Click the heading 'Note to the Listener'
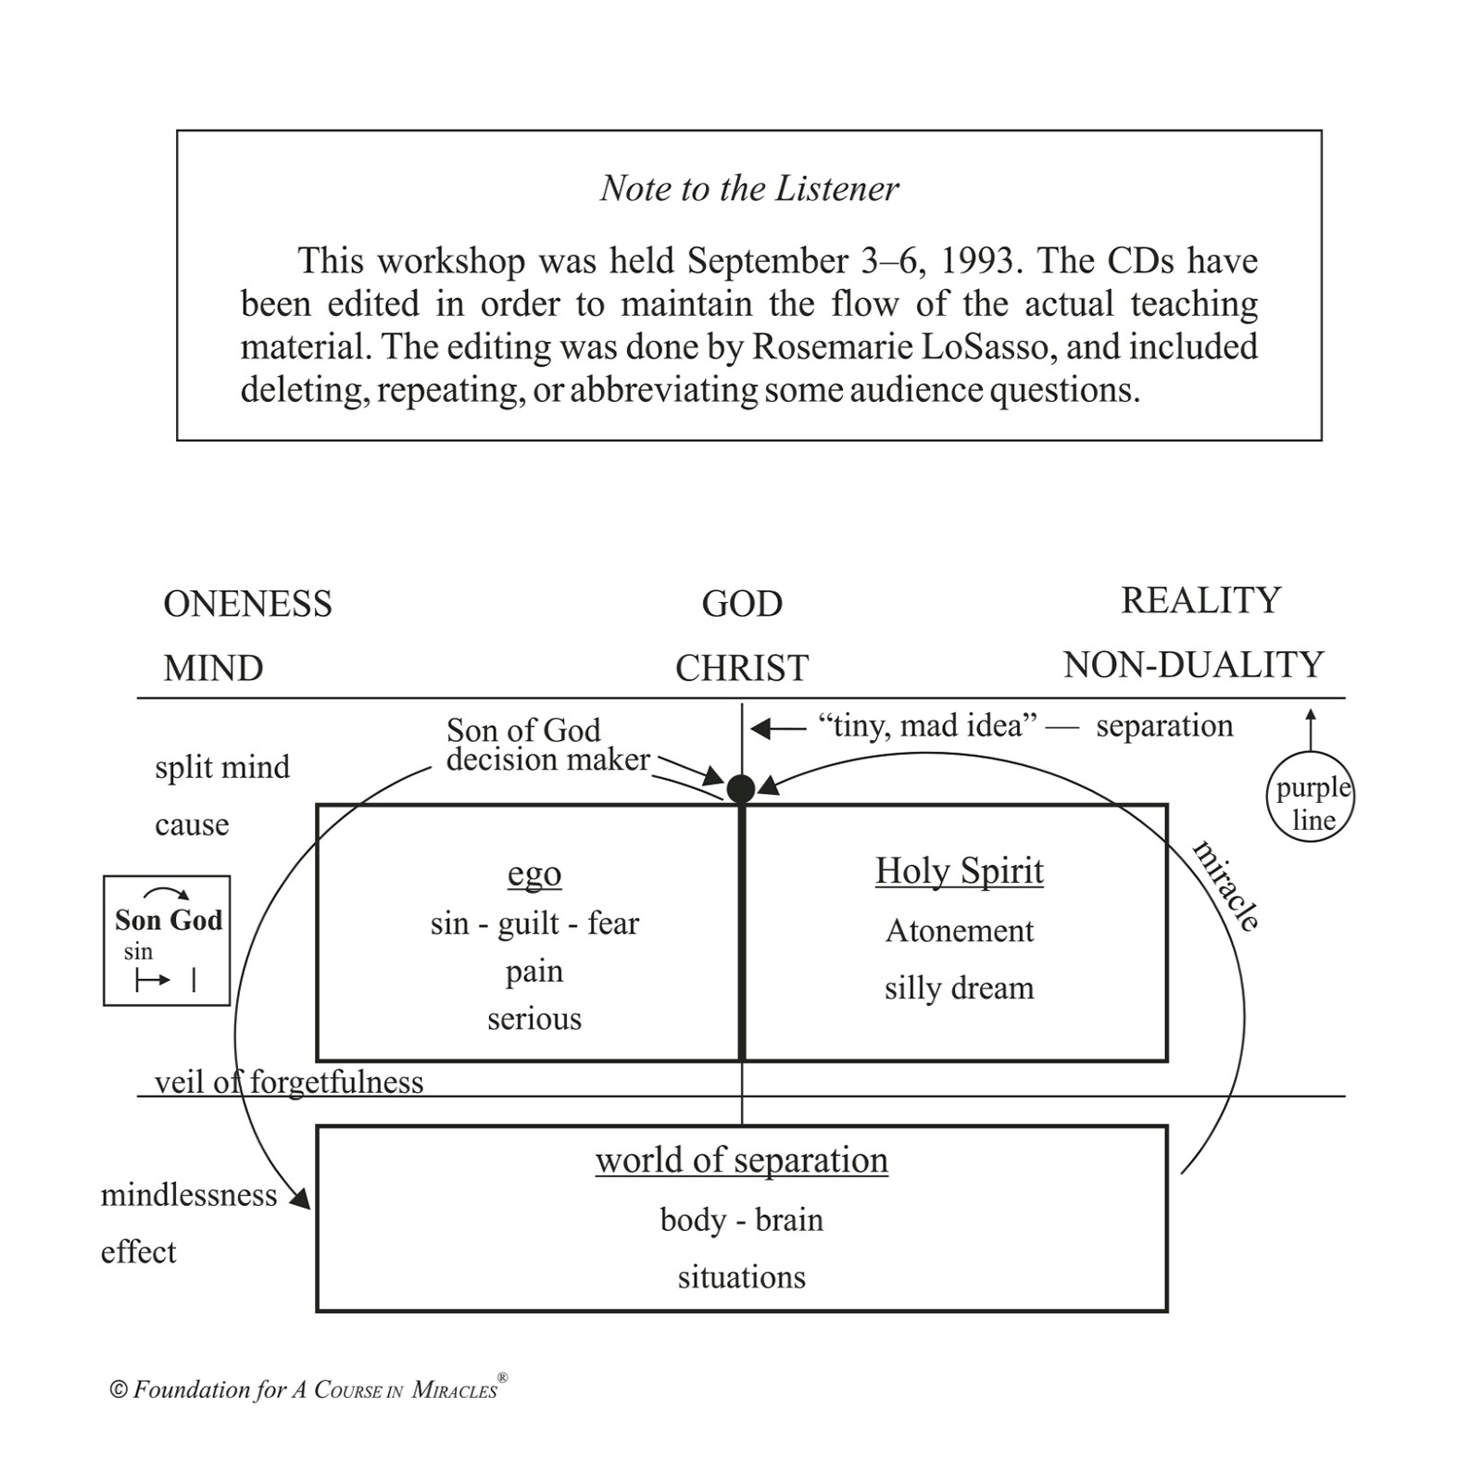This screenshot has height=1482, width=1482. point(748,188)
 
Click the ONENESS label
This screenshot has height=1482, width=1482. point(247,604)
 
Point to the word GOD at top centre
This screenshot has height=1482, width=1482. point(742,604)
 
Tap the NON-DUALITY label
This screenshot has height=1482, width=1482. point(1193,665)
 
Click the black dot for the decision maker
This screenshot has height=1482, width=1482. point(741,789)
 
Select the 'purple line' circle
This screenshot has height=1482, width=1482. point(1311,798)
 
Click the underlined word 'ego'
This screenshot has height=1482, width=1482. point(534,873)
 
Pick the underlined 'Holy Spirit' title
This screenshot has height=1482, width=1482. point(959,871)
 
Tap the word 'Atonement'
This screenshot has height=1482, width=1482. point(959,931)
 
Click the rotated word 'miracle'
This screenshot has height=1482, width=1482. point(1226,885)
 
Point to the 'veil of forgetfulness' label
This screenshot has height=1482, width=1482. point(289,1082)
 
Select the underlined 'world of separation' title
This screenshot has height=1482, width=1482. point(741,1160)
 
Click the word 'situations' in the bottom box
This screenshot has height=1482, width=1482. point(741,1277)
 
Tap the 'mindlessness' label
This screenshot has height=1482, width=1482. point(189,1195)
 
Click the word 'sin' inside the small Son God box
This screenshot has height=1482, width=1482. point(138,951)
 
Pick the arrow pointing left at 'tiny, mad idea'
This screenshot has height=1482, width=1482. point(778,729)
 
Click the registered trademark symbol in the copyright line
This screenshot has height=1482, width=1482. point(502,1378)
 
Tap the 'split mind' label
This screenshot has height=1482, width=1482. point(222,767)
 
